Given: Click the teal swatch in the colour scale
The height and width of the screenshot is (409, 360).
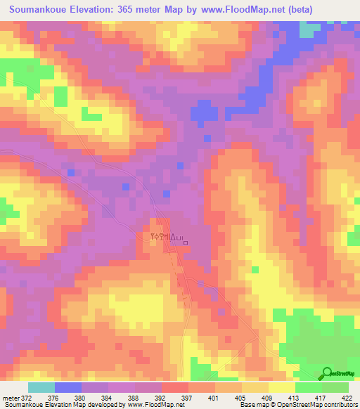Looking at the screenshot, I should (41, 387).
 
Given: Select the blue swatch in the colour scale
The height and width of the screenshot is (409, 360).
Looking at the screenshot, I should (68, 387).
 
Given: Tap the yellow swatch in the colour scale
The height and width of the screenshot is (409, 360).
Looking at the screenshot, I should (283, 387).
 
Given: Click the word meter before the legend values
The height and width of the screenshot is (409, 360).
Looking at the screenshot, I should (12, 398).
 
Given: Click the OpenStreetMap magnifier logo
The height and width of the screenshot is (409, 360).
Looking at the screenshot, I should (328, 373).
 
